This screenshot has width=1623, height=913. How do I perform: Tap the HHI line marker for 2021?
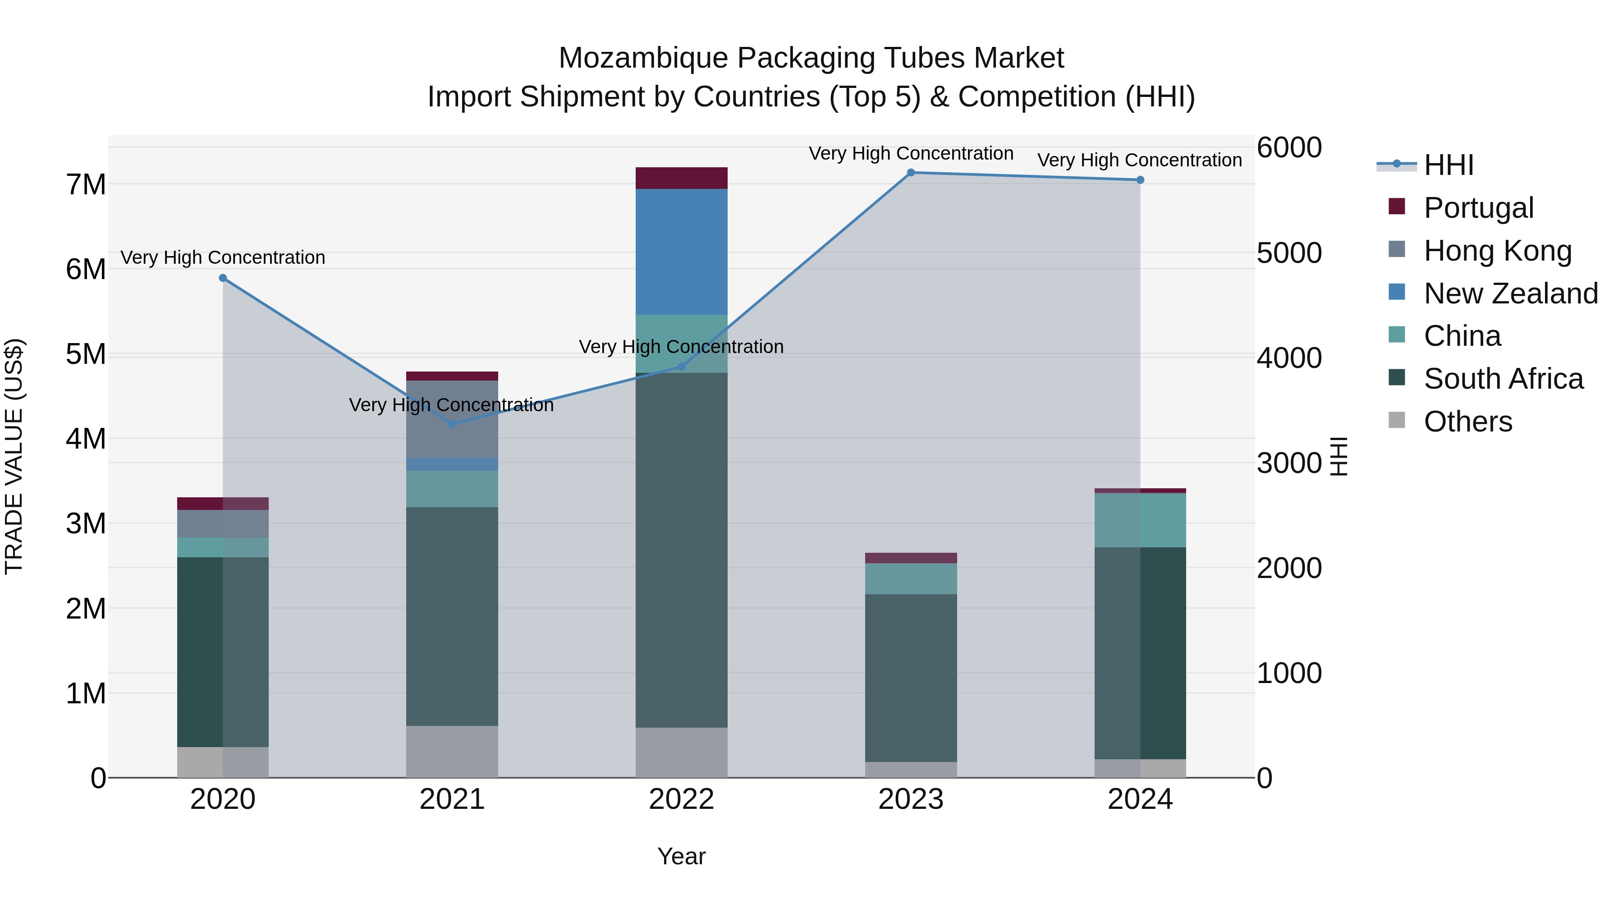pyautogui.click(x=452, y=424)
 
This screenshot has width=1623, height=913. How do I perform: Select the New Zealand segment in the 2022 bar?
pyautogui.click(x=681, y=252)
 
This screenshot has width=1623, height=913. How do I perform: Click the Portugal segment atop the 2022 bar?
pyautogui.click(x=681, y=178)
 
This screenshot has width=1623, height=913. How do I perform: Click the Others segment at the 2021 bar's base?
pyautogui.click(x=452, y=751)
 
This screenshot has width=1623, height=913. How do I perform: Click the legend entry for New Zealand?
pyautogui.click(x=1510, y=294)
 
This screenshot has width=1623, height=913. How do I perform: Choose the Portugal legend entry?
pyautogui.click(x=1478, y=208)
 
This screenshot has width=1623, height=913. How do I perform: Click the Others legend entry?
pyautogui.click(x=1467, y=422)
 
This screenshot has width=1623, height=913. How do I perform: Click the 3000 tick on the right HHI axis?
pyautogui.click(x=1288, y=463)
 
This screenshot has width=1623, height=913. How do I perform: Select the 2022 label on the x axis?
pyautogui.click(x=681, y=799)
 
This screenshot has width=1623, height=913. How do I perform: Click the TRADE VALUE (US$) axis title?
pyautogui.click(x=14, y=456)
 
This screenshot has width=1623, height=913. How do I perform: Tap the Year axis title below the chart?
pyautogui.click(x=681, y=856)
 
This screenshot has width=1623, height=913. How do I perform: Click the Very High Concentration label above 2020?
pyautogui.click(x=223, y=258)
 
